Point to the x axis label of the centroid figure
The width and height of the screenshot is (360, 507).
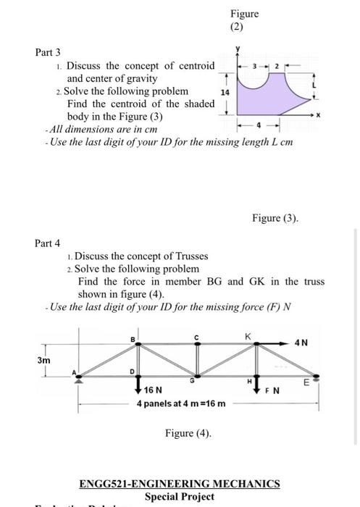328,116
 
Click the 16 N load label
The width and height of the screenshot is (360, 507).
153,390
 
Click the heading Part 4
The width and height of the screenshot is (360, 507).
49,243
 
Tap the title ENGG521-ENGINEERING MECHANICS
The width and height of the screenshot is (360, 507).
183,484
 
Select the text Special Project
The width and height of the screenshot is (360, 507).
180,496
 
